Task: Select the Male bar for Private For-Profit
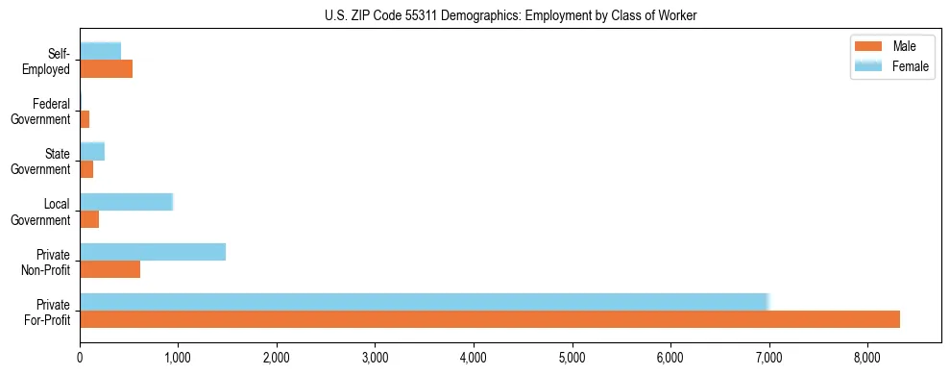tap(489, 319)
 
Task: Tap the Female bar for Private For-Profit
tap(424, 302)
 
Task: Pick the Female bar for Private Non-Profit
tap(153, 252)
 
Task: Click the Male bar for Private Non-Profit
tap(110, 269)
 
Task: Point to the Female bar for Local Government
tap(126, 202)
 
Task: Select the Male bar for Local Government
tap(89, 219)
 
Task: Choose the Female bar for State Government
tap(92, 152)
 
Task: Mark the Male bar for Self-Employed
tap(106, 69)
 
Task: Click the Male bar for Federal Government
tap(85, 119)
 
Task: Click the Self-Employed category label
tap(53, 61)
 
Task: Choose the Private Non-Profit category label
tap(47, 261)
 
